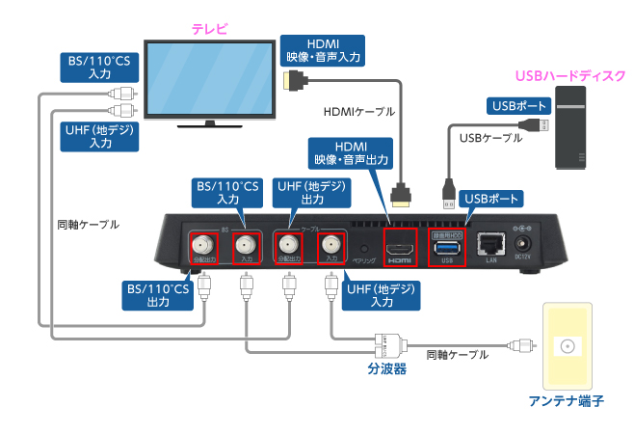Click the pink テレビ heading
[209, 29]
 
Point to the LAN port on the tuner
[491, 247]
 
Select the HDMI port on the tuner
[399, 249]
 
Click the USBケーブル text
[490, 138]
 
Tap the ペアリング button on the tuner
[363, 245]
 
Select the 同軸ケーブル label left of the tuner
[88, 224]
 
